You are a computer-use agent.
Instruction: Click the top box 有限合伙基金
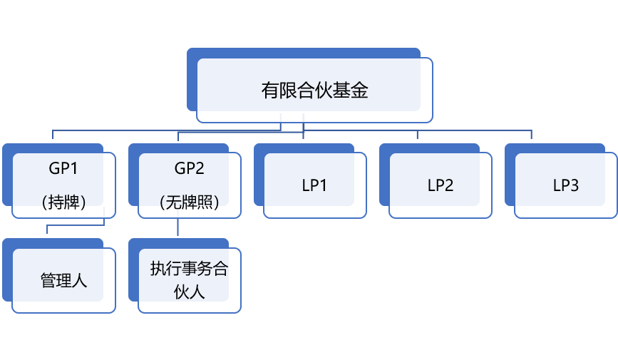[x=314, y=90]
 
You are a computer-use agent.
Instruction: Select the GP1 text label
[x=63, y=169]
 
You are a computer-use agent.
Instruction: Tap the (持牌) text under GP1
[x=63, y=202]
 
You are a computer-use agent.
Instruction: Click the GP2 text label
[x=189, y=169]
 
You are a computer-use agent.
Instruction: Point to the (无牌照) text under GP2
[x=189, y=202]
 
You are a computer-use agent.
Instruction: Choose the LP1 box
[x=314, y=185]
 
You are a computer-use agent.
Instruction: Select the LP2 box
[x=440, y=185]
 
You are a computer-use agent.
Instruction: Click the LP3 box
[x=565, y=185]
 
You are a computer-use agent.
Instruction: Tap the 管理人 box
[x=63, y=280]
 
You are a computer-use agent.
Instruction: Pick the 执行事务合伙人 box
[x=189, y=280]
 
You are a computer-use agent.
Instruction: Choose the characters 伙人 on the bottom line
[x=189, y=292]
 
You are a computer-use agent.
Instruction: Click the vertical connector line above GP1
[x=53, y=136]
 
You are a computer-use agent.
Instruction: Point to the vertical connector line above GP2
[x=178, y=136]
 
